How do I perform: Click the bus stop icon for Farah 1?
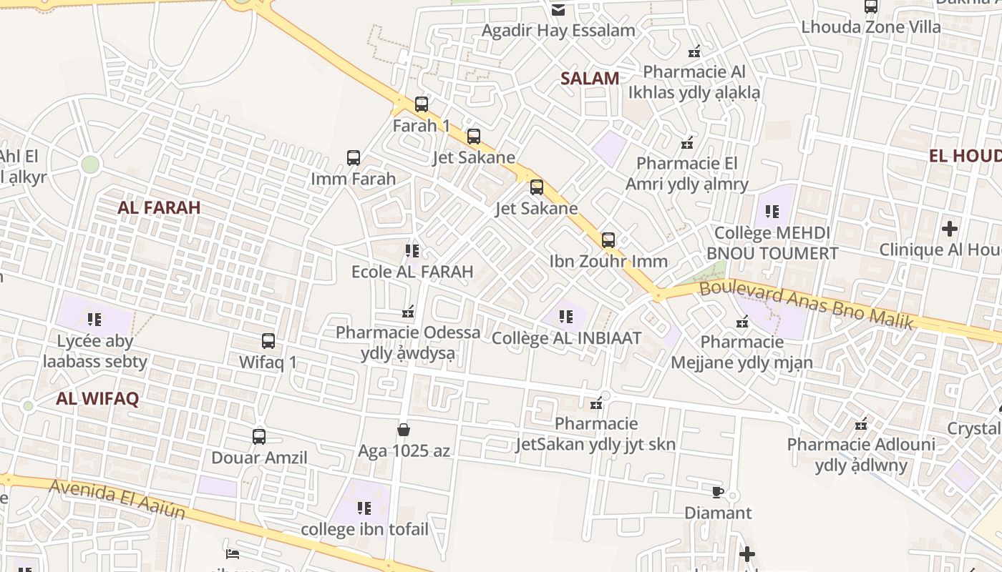click(422, 104)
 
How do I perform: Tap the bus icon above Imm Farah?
click(354, 158)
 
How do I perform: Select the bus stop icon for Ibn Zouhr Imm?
click(608, 240)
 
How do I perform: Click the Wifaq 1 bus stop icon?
click(268, 341)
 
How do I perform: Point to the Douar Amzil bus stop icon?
click(259, 436)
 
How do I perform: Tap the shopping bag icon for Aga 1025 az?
click(404, 430)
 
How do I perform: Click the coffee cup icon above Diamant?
click(718, 492)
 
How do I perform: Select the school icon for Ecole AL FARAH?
click(412, 251)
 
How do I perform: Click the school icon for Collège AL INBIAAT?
click(566, 316)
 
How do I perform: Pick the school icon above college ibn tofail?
click(364, 508)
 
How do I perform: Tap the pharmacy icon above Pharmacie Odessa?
click(409, 312)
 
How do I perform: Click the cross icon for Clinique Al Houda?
click(949, 229)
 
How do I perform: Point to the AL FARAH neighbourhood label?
click(159, 207)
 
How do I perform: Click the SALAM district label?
click(590, 79)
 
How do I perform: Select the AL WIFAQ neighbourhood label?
click(97, 399)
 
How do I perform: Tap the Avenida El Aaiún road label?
click(117, 499)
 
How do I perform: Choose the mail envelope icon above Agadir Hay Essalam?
click(558, 9)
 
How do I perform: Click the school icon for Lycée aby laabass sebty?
click(94, 320)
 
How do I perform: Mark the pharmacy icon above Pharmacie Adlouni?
click(861, 424)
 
